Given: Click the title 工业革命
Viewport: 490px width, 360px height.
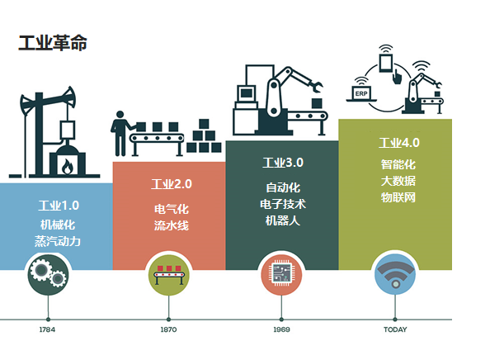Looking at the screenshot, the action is [53, 43].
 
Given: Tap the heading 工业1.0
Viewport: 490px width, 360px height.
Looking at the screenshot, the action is [59, 206].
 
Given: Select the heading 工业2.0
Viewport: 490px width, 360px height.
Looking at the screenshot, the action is [172, 184].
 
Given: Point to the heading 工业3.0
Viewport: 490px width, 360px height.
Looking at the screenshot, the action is [283, 163].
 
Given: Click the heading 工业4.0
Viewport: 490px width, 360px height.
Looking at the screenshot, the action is [399, 143].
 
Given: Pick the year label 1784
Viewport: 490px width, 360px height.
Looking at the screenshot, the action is [48, 329].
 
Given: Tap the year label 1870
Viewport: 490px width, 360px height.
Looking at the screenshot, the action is [169, 329].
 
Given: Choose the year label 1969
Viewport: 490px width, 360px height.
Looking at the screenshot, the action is [281, 329].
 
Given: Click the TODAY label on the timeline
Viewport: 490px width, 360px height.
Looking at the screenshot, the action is [395, 329].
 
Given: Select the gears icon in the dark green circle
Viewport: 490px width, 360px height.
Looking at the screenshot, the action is [48, 275].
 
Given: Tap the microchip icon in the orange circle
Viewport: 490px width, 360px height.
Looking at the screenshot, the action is [281, 273].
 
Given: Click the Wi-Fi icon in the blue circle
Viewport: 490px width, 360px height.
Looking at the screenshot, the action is [395, 274].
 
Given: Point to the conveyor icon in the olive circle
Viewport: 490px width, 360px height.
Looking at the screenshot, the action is [169, 275].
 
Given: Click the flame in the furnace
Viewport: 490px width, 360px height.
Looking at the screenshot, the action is [67, 167].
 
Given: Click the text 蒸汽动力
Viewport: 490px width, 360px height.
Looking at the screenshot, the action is [58, 241].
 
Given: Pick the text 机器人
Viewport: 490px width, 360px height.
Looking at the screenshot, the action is [283, 220].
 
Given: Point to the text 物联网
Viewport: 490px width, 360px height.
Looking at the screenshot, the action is [398, 197].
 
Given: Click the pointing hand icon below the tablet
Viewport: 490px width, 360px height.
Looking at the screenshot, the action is [397, 77].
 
